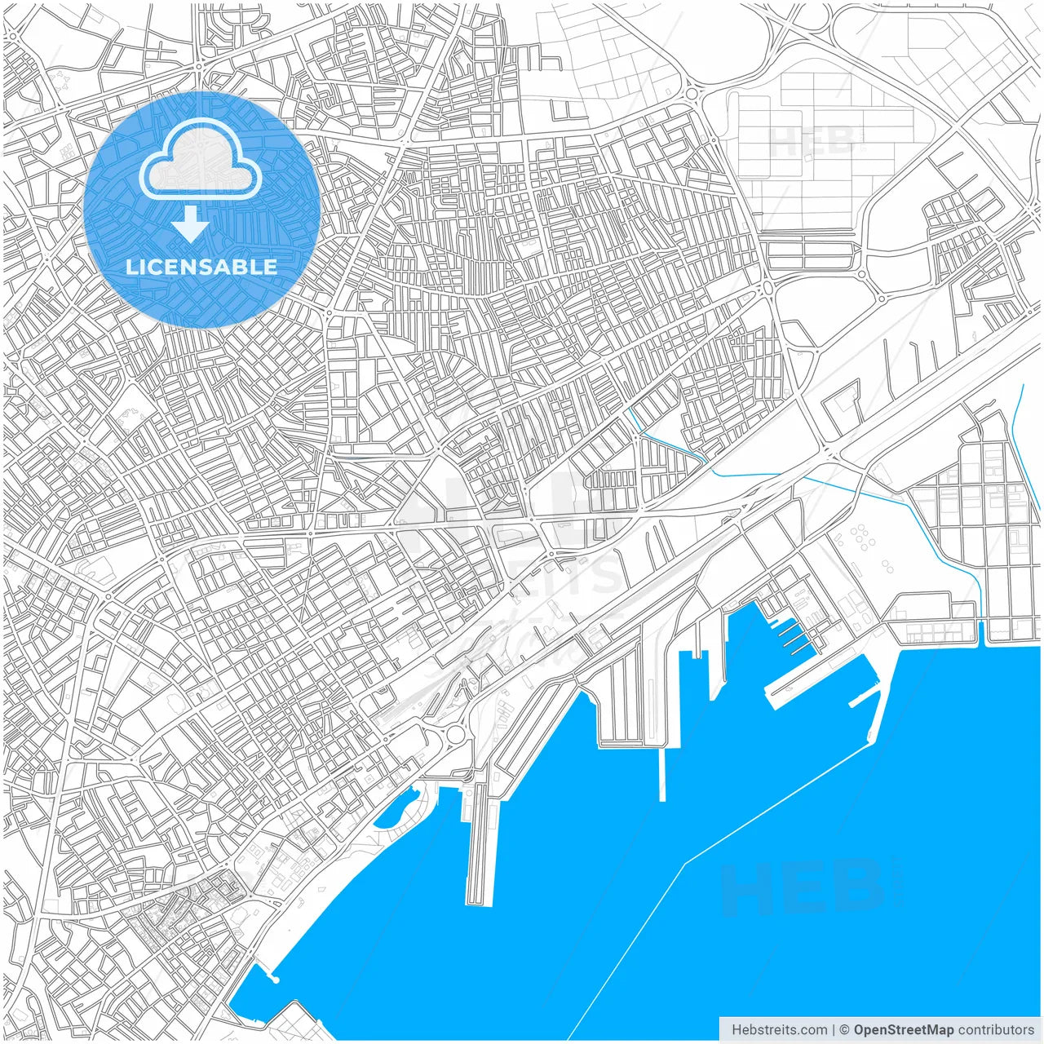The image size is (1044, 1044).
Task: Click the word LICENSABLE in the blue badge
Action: coord(201,267)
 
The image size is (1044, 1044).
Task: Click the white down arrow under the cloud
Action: coord(191,224)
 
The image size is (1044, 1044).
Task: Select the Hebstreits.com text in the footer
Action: coord(778,1030)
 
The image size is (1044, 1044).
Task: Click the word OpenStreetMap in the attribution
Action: coord(903,1030)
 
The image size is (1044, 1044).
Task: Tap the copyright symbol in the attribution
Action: coord(845,1030)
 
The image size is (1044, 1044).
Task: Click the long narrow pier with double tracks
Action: coord(480,848)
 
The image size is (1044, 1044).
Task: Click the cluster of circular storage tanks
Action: coord(860,538)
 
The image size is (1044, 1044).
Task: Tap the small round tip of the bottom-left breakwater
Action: coord(275,979)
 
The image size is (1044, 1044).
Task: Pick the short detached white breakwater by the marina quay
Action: coord(865,697)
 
